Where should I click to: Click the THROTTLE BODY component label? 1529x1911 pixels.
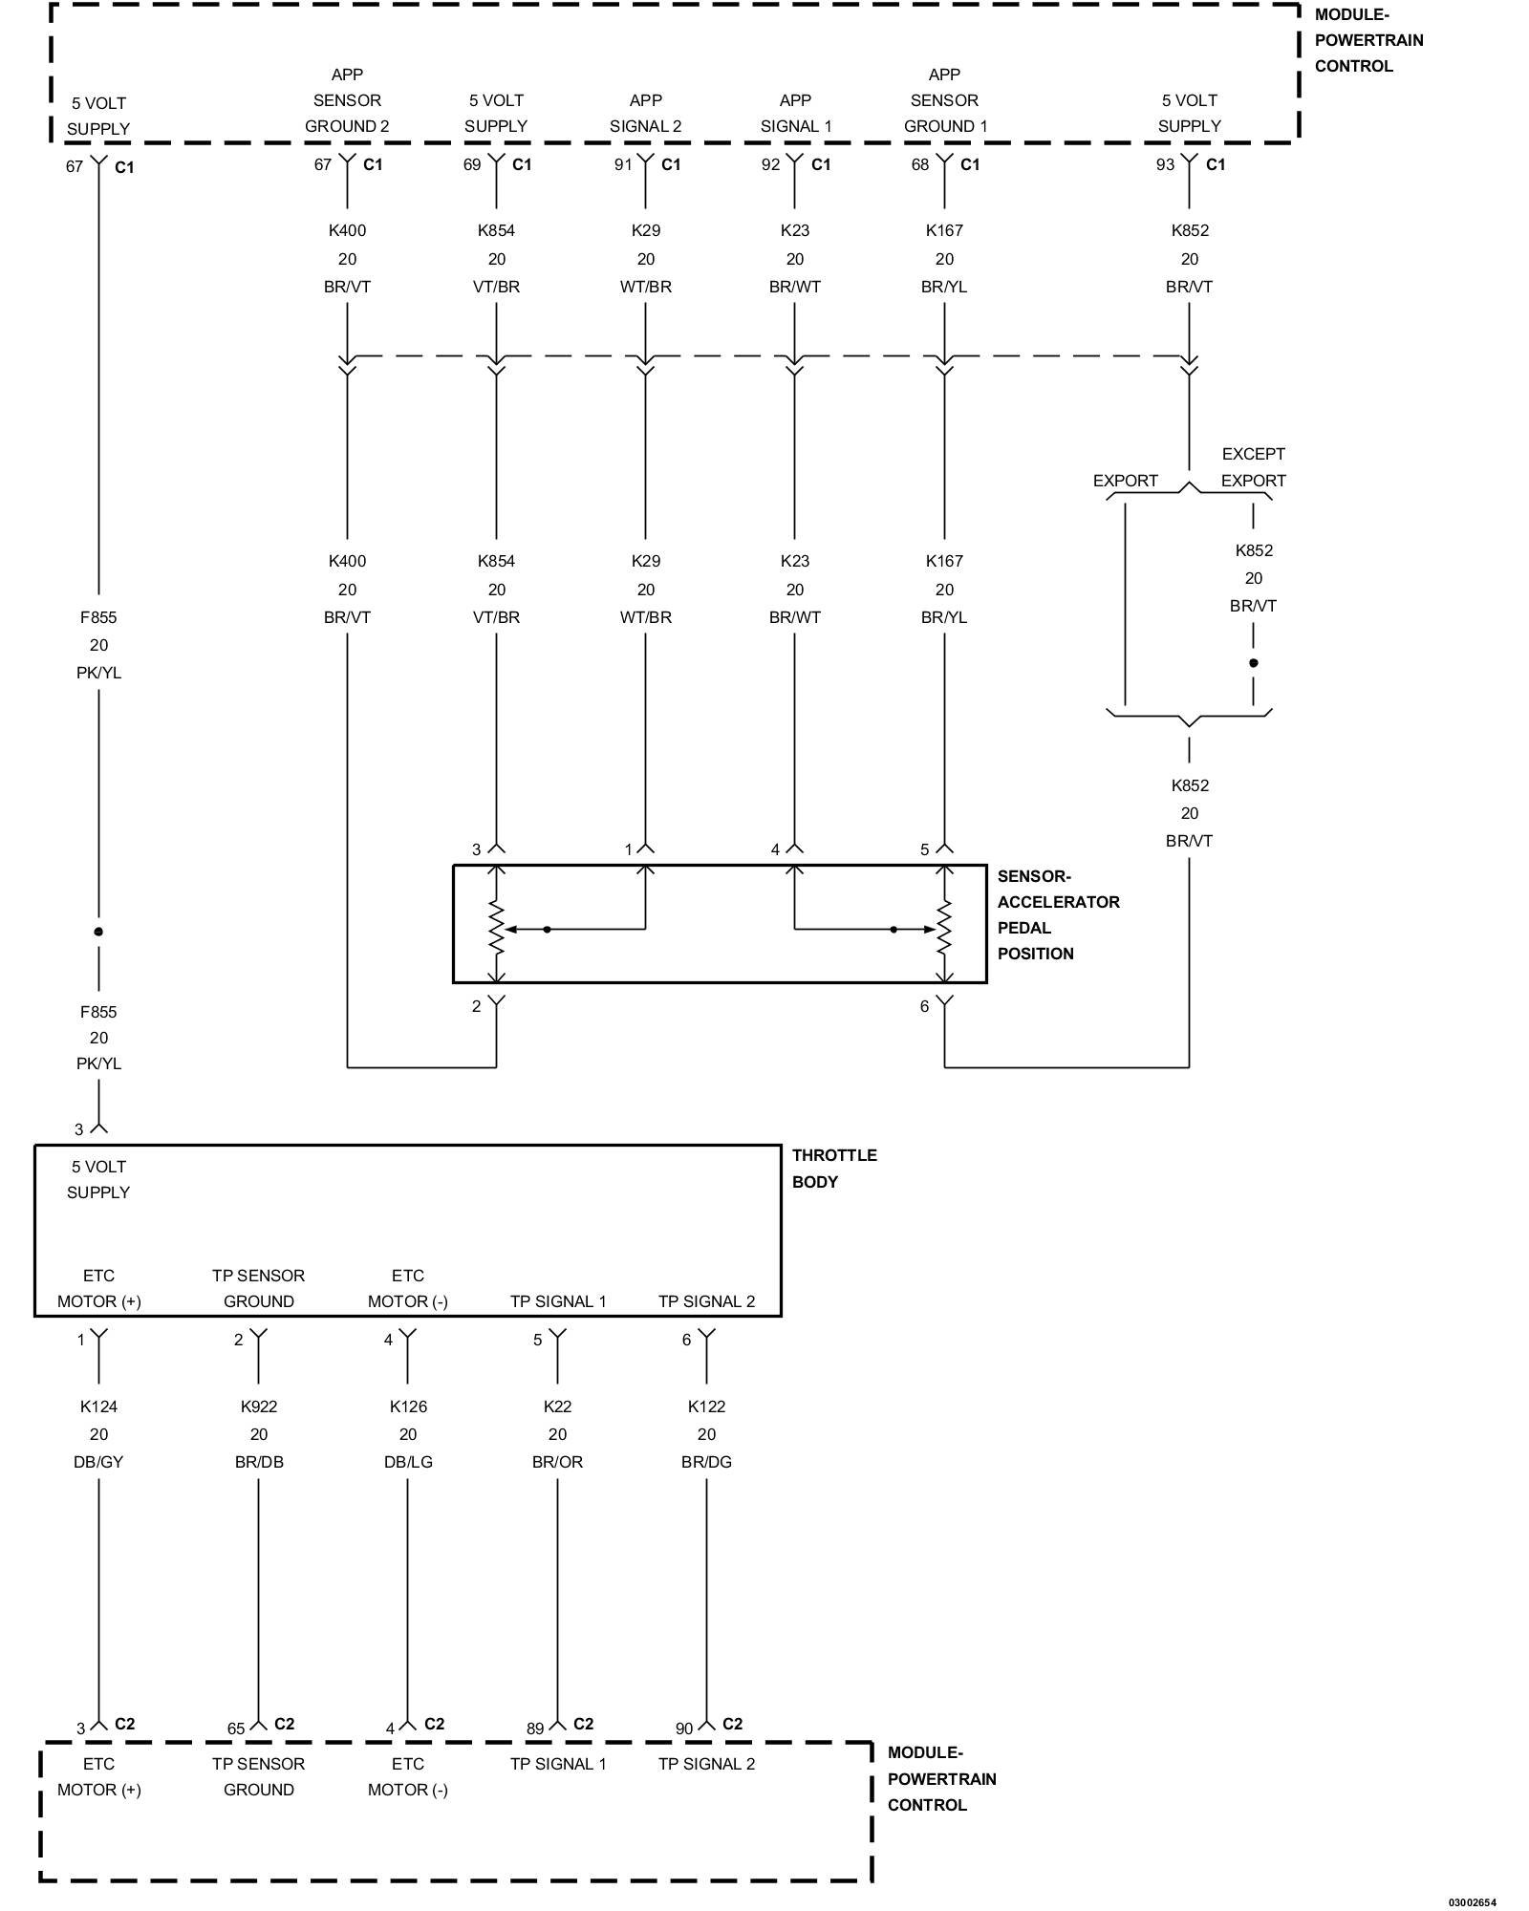(833, 1168)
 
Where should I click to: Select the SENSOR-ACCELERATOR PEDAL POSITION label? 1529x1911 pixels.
(1057, 914)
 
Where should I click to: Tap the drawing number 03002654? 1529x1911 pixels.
(1472, 1901)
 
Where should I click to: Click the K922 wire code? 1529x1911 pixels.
(258, 1406)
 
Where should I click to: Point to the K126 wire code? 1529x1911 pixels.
(408, 1406)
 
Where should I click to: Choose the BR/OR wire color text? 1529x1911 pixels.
(557, 1462)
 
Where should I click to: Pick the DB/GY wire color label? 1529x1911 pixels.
(98, 1462)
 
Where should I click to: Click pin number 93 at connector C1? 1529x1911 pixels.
(1165, 164)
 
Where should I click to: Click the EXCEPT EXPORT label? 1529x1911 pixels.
(1253, 467)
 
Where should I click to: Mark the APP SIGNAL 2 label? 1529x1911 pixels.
(645, 113)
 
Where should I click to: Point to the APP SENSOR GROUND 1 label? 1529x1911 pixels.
(944, 100)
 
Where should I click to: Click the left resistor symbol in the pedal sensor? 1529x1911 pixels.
(496, 928)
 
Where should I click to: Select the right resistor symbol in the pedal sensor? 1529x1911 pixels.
(944, 928)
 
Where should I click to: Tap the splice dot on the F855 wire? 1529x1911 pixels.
(98, 932)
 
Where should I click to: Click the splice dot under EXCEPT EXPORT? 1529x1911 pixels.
(1253, 662)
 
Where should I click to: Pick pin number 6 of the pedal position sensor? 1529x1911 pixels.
(924, 1006)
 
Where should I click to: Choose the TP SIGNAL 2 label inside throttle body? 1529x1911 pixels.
(706, 1301)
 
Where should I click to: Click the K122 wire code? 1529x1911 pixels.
(706, 1406)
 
